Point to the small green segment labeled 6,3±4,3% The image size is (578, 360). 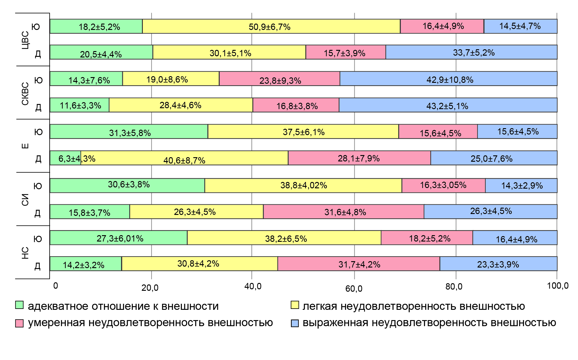[x=65, y=158]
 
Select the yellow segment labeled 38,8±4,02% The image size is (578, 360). [x=303, y=185]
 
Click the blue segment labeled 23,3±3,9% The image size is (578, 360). [x=498, y=264]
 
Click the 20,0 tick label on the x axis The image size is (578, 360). [x=150, y=288]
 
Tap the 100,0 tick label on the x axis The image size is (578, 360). [x=557, y=286]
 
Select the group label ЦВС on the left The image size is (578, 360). [x=25, y=40]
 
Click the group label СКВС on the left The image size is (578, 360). [x=25, y=93]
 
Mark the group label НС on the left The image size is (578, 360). [x=25, y=253]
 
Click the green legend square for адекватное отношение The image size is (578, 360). [x=19, y=305]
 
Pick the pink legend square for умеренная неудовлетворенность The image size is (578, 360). [x=19, y=323]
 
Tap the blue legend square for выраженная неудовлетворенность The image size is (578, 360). [x=295, y=323]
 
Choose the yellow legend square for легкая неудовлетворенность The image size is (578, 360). [x=295, y=305]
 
